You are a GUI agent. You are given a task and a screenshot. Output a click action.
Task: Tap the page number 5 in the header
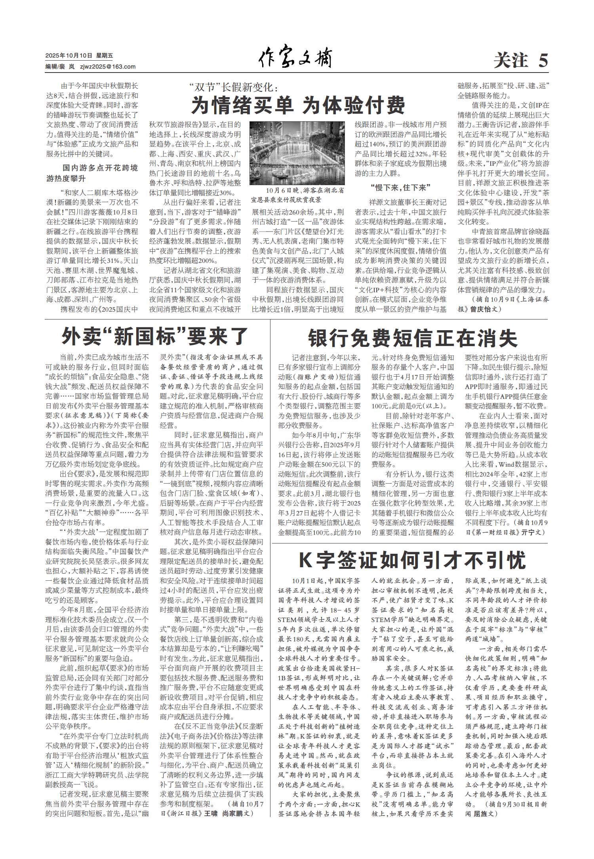point(543,61)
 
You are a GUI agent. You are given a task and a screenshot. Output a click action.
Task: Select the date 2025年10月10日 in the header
point(69,56)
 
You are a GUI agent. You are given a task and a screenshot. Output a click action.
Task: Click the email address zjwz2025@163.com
point(108,67)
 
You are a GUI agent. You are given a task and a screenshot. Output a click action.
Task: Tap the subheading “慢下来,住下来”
point(400,187)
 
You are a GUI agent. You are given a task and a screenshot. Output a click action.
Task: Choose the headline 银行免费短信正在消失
point(413,339)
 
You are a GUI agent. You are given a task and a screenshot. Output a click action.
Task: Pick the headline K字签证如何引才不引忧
point(412,560)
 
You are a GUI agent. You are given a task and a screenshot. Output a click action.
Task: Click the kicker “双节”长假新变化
point(234,86)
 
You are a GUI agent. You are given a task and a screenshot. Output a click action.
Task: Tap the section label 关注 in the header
point(511,61)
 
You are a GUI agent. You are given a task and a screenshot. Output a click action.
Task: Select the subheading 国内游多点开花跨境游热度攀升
point(92,173)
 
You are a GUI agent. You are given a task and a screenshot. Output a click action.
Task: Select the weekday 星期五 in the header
point(104,56)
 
